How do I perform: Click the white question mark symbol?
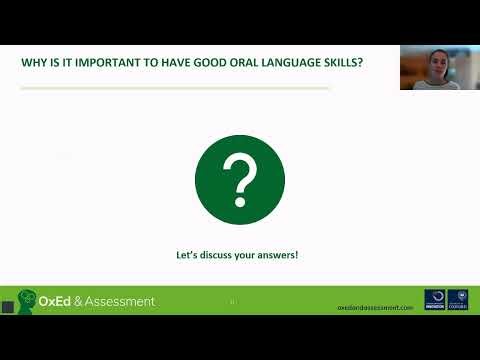[x=240, y=181]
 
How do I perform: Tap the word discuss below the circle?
[x=217, y=255]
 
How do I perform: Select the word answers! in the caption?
[x=279, y=255]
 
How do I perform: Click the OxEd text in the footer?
[x=56, y=301]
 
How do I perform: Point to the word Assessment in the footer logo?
[x=121, y=301]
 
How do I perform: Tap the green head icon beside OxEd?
[x=27, y=301]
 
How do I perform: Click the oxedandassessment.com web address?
[x=375, y=307]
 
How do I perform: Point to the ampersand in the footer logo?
[x=80, y=301]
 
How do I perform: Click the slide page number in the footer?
[x=232, y=301]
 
